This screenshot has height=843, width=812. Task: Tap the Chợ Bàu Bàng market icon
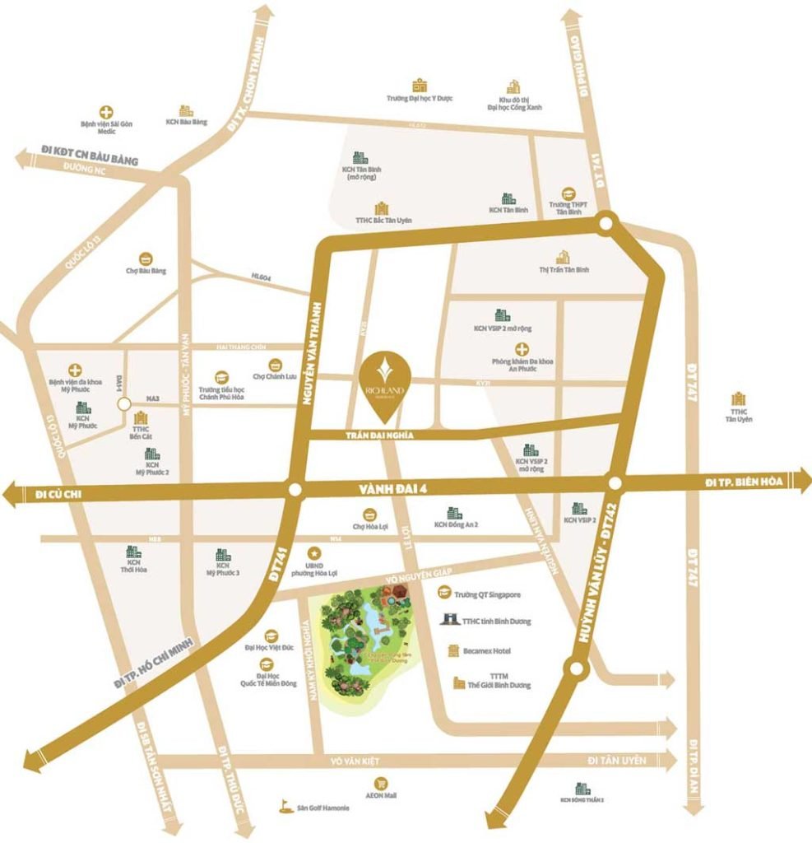pyautogui.click(x=146, y=257)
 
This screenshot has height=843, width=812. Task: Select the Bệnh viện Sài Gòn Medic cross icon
pyautogui.click(x=106, y=111)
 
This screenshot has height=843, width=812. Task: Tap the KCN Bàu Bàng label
pyautogui.click(x=186, y=122)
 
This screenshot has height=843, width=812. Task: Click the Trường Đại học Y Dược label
pyautogui.click(x=420, y=98)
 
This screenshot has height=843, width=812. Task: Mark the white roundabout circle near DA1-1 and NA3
pyautogui.click(x=123, y=404)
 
